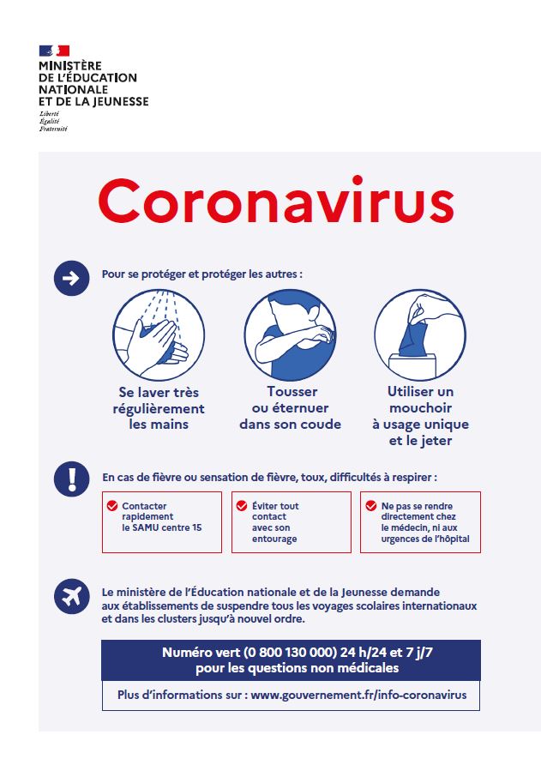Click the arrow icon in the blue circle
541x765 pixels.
click(71, 278)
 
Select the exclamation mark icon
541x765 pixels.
click(71, 479)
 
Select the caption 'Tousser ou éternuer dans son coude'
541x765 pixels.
click(290, 408)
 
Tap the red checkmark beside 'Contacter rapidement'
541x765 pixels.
click(112, 506)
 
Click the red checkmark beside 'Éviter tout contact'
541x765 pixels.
click(243, 506)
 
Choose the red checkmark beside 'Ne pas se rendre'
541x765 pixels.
click(371, 506)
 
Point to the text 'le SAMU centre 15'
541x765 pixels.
click(162, 528)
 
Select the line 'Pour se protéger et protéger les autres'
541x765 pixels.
click(201, 274)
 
